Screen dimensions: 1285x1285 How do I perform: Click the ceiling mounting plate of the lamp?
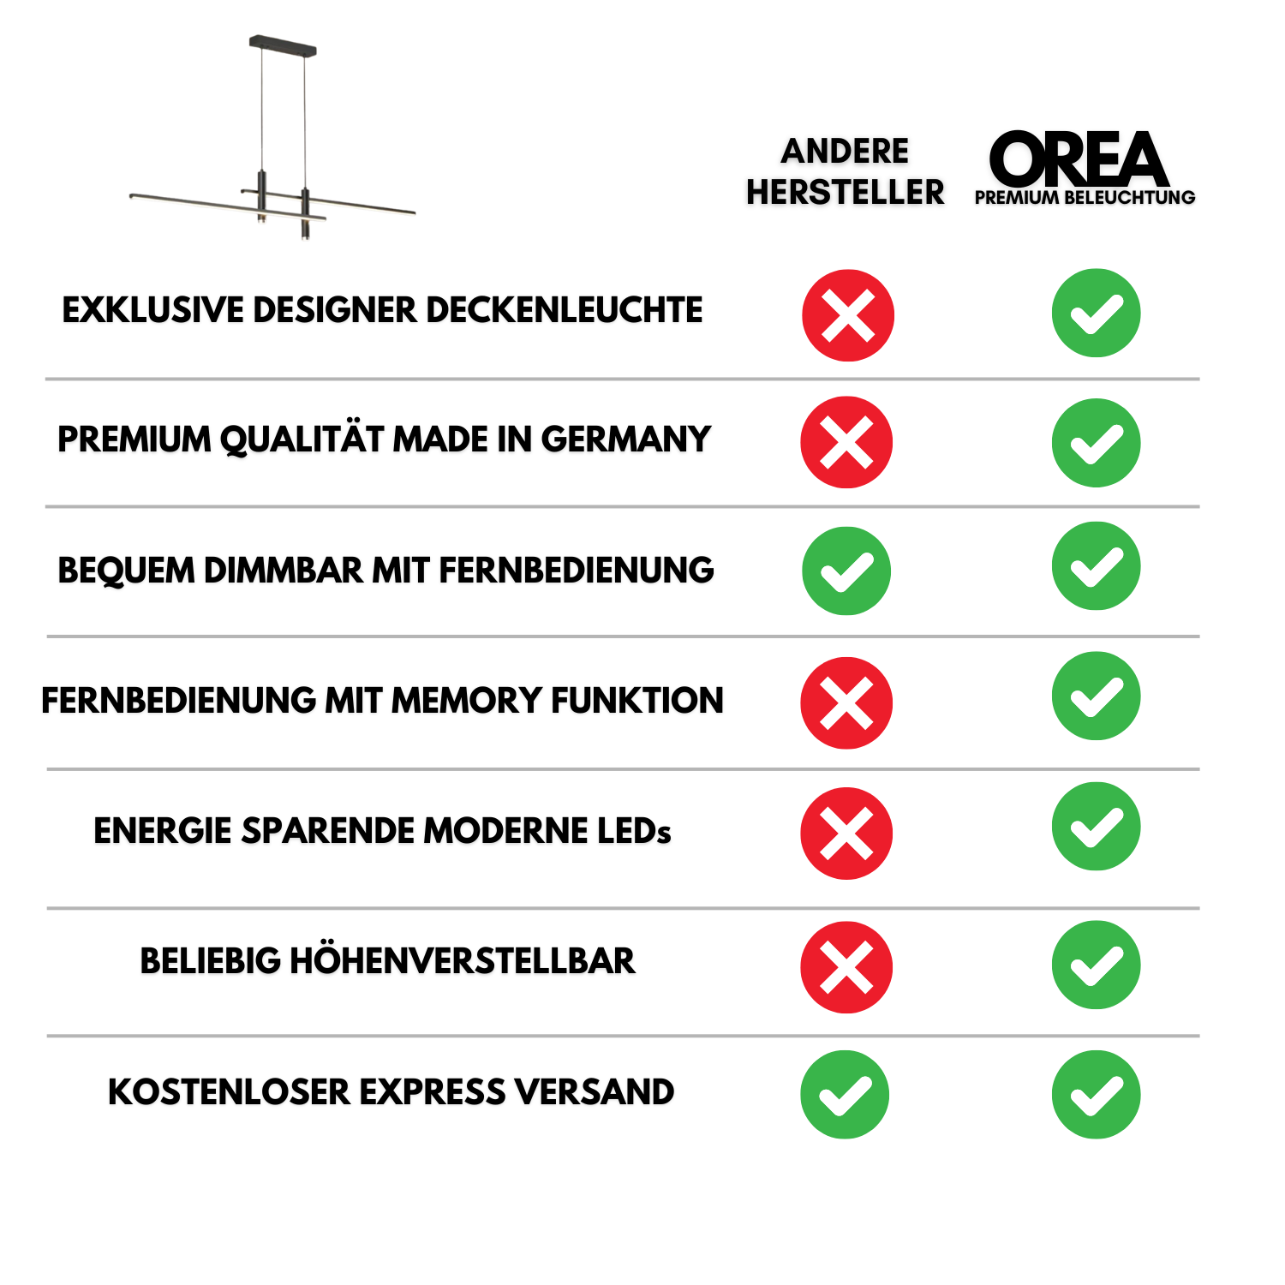tap(283, 45)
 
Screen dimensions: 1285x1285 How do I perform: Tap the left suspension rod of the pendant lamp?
tap(261, 111)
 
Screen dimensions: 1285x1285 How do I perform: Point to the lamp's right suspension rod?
tap(305, 120)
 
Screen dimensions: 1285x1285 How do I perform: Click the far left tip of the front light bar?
tap(132, 196)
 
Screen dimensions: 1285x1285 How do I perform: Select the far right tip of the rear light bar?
tap(413, 212)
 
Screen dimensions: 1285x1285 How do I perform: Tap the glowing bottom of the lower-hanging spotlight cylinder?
tap(304, 238)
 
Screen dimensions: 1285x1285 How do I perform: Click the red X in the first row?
tap(848, 315)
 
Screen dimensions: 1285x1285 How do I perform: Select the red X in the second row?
tap(846, 442)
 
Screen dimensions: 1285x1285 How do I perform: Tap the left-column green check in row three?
tap(846, 571)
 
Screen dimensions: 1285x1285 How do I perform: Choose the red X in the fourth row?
tap(846, 702)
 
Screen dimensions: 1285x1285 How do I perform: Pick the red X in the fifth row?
tap(846, 833)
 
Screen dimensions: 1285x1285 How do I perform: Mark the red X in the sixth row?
tap(846, 967)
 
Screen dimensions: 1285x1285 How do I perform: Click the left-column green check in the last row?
tap(845, 1094)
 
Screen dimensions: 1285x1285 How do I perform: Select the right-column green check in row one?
tap(1096, 313)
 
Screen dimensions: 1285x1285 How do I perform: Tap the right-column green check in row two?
tap(1096, 443)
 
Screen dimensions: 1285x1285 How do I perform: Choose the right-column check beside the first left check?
tap(1096, 565)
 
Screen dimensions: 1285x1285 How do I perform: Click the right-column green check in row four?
tap(1096, 696)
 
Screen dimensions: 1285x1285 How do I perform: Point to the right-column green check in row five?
tap(1096, 826)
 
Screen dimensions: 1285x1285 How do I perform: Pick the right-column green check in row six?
tap(1096, 965)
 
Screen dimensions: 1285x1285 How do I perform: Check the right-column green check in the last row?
tap(1096, 1094)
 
